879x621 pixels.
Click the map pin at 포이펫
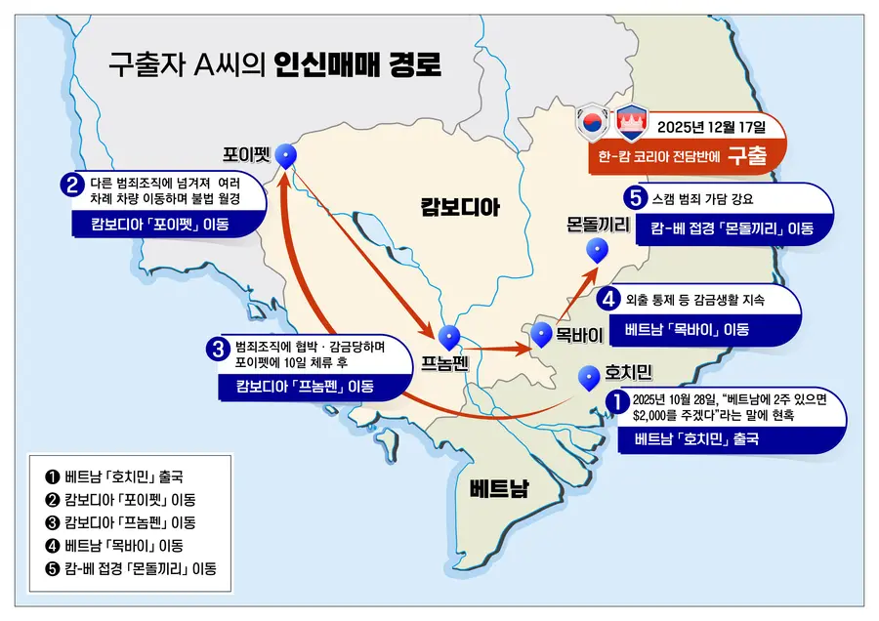[286, 155]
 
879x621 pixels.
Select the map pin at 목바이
[543, 335]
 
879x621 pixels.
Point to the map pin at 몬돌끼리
[597, 250]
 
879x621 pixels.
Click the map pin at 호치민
[589, 376]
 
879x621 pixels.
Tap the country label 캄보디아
[460, 206]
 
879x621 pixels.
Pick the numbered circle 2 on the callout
[70, 183]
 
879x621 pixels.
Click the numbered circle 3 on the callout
[218, 348]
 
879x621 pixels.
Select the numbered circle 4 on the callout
[610, 299]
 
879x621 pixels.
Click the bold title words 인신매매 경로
[357, 66]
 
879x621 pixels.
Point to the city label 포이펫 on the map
[245, 153]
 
